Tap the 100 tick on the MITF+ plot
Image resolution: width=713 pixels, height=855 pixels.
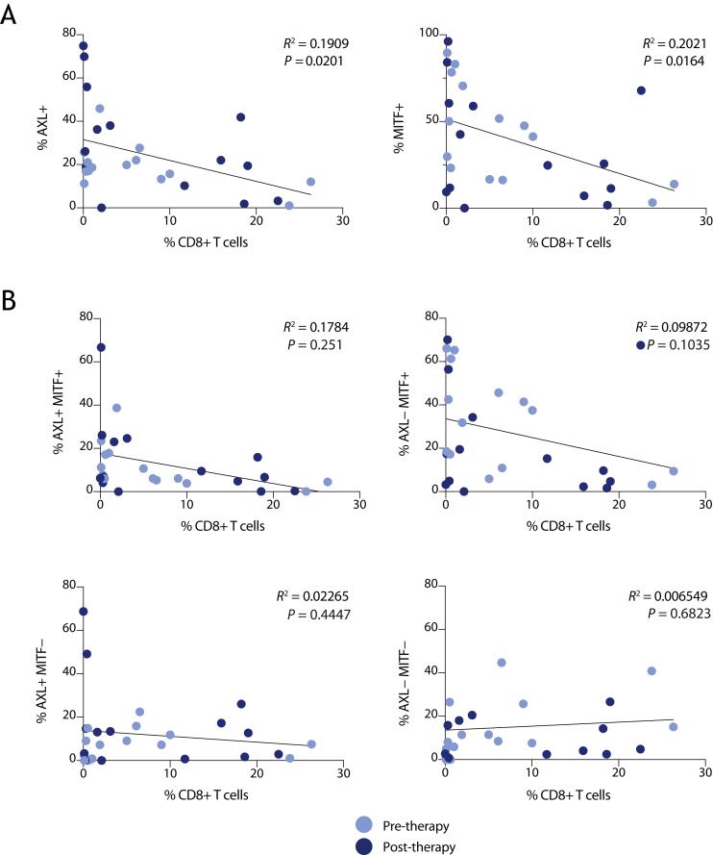pyautogui.click(x=424, y=34)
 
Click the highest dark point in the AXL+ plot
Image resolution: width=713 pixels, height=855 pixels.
pyautogui.click(x=84, y=45)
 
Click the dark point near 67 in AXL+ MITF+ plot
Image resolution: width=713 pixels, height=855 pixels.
pyautogui.click(x=101, y=347)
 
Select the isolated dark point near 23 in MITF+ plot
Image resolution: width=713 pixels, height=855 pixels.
pyautogui.click(x=641, y=90)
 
